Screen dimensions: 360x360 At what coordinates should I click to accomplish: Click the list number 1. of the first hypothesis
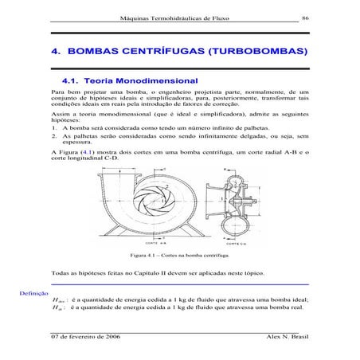point(52,147)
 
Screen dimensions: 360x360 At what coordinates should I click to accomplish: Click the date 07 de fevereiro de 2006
point(85,337)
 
